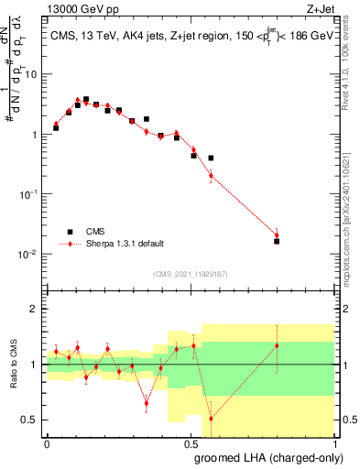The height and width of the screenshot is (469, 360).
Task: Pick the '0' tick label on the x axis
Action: coord(47,443)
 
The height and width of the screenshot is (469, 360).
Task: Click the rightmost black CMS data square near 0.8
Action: coord(277,241)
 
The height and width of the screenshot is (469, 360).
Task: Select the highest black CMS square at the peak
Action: coord(86,100)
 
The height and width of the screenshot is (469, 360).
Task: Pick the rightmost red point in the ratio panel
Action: coord(277,345)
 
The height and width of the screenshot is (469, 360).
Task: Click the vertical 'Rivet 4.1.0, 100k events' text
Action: coord(350,73)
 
